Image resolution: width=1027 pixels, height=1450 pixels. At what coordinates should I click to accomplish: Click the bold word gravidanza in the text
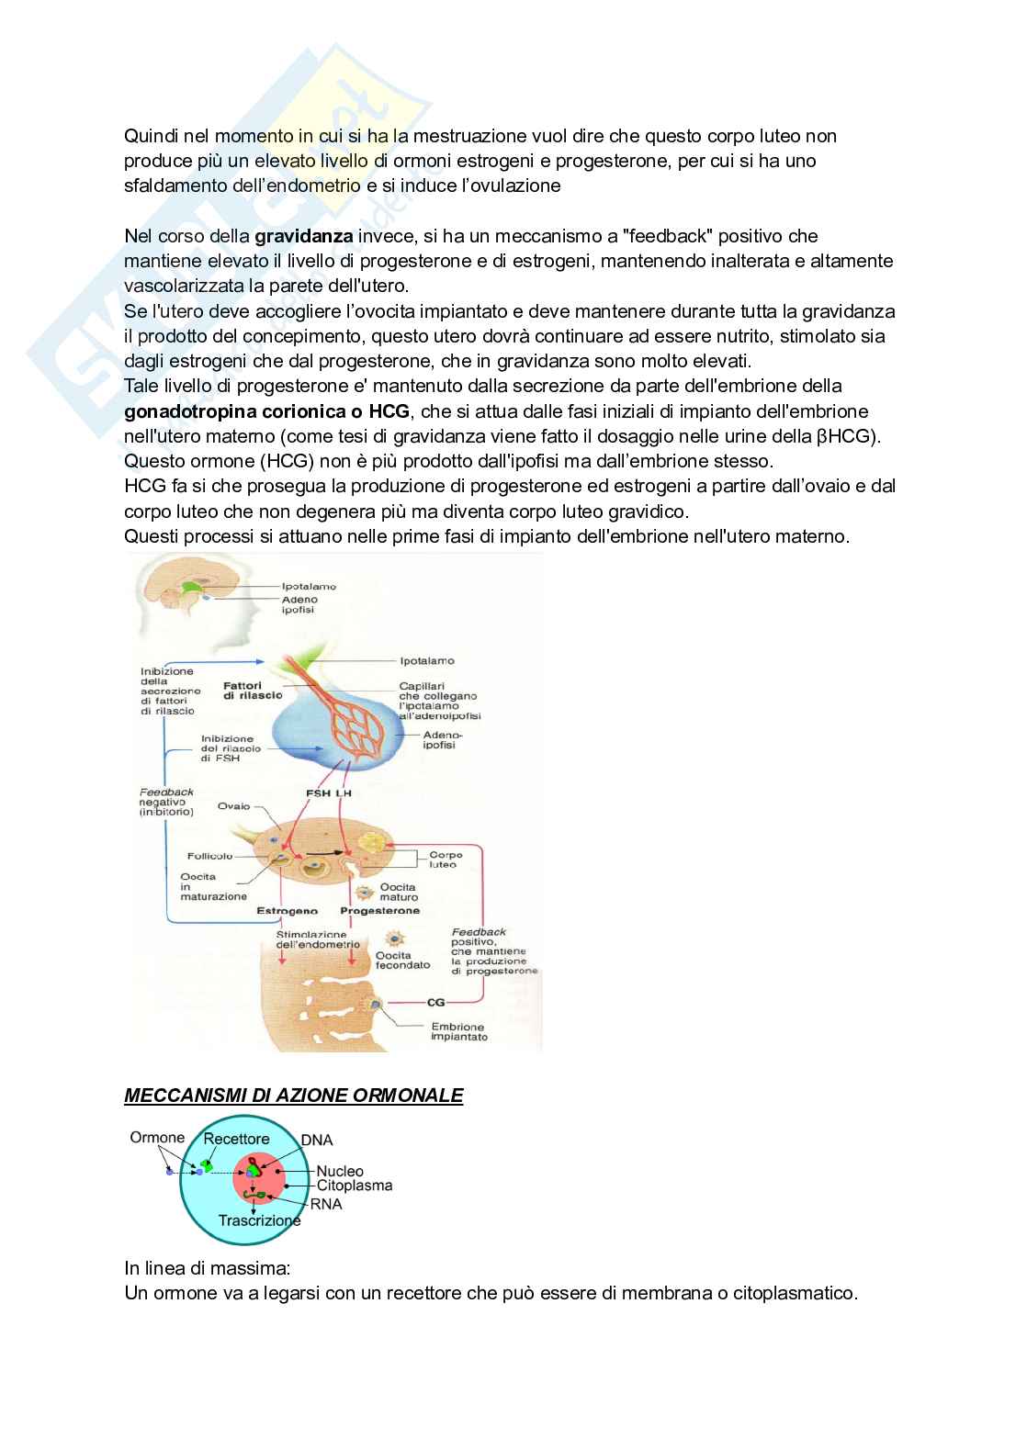point(303,236)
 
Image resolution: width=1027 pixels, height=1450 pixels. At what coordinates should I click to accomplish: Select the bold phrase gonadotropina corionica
point(243,410)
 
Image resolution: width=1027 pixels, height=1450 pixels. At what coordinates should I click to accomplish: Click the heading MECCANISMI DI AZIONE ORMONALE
point(293,1096)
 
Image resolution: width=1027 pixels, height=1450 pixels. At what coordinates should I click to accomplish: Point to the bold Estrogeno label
point(288,911)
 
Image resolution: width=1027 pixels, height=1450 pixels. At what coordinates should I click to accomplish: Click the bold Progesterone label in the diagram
point(379,911)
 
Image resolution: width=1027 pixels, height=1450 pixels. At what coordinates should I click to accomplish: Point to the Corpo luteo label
point(446,860)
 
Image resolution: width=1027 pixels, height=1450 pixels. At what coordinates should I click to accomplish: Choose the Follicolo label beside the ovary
point(210,856)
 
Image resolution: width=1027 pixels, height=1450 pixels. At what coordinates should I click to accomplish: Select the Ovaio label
point(233,806)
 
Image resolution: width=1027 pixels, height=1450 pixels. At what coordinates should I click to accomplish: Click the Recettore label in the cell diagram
point(236,1139)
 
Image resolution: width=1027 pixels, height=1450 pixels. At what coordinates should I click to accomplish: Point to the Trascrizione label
point(259,1220)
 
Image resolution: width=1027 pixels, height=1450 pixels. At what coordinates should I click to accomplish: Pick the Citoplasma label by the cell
point(355,1185)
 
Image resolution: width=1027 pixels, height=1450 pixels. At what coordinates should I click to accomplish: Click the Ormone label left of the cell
point(157,1138)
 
